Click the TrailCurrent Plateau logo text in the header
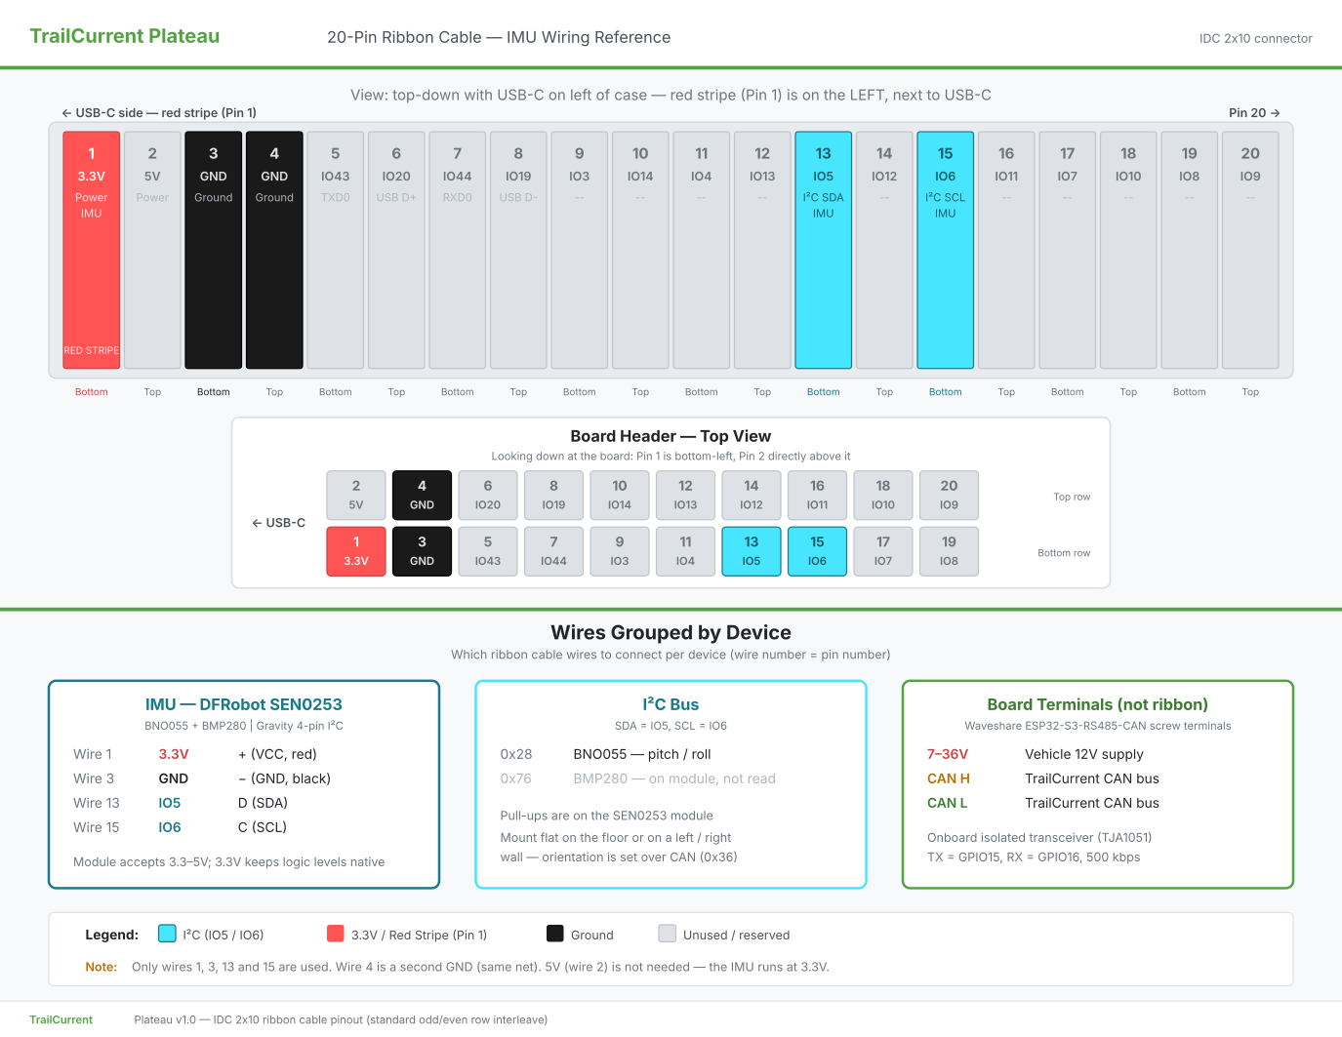coord(125,36)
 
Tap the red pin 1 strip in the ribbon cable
coord(92,250)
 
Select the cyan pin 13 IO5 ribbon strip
coord(823,250)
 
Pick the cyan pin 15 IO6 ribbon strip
coord(945,250)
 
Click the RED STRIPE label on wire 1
coord(92,350)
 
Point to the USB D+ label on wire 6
coord(396,197)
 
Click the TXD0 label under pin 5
coord(336,197)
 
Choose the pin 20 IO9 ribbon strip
coord(1250,250)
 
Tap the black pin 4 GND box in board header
coord(422,495)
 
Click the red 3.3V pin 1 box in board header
coord(356,551)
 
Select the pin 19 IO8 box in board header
coord(949,551)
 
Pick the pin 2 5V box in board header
coord(356,495)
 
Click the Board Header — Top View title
coord(671,436)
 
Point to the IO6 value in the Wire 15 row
coord(170,827)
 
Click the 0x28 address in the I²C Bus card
coord(515,754)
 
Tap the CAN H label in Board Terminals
coord(948,779)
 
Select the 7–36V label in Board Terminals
coord(948,754)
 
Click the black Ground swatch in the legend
coord(554,934)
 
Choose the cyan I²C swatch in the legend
coord(167,934)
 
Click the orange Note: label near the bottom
coord(102,967)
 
